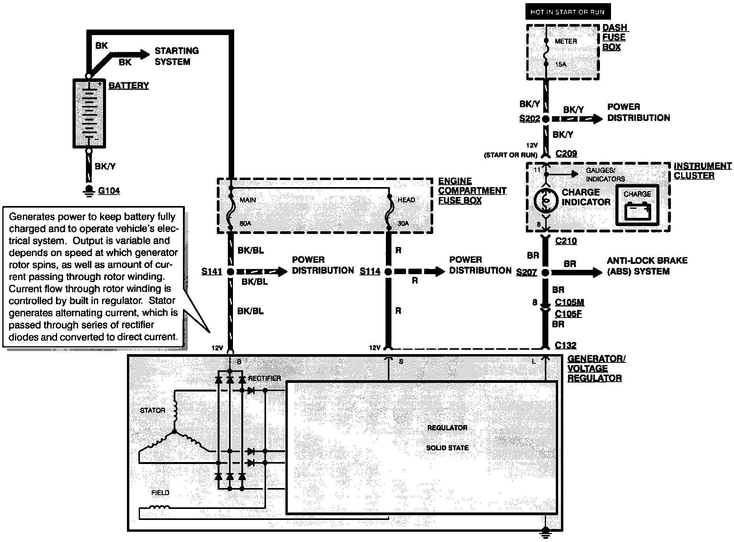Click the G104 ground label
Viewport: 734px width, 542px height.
(x=109, y=191)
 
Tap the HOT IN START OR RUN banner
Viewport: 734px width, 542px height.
(x=567, y=12)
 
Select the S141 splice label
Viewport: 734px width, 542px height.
(x=212, y=271)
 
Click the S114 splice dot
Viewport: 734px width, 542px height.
(x=388, y=272)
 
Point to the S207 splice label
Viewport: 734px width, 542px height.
(x=527, y=272)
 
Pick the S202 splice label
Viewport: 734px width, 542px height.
(x=529, y=119)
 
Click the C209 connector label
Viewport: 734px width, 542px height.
(x=566, y=154)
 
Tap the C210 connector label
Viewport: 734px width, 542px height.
(x=566, y=241)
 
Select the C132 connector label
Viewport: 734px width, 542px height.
(x=566, y=345)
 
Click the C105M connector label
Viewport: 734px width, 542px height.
(x=569, y=303)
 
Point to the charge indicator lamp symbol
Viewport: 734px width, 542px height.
(x=546, y=200)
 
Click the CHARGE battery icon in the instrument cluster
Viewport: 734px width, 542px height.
(x=637, y=210)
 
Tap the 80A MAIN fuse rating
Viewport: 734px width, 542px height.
(x=245, y=223)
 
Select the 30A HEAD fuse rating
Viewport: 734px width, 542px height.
(x=403, y=223)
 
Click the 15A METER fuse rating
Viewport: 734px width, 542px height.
(x=561, y=64)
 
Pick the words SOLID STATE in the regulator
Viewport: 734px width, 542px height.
(x=447, y=448)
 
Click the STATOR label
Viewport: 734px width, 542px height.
(x=153, y=410)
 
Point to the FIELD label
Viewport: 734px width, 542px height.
(x=160, y=493)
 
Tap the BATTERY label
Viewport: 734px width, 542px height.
(x=129, y=85)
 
